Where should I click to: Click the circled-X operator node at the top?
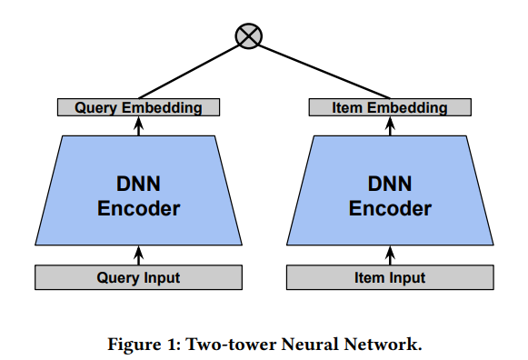click(x=247, y=35)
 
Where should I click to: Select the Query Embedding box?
click(x=138, y=107)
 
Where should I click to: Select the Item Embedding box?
click(x=391, y=107)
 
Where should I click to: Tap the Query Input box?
click(x=138, y=277)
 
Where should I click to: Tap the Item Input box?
click(x=391, y=277)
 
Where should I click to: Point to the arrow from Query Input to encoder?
click(x=138, y=254)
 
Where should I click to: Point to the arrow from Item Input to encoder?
click(x=391, y=254)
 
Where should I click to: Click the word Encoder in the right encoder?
click(x=391, y=209)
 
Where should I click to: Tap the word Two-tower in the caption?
click(x=212, y=343)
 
